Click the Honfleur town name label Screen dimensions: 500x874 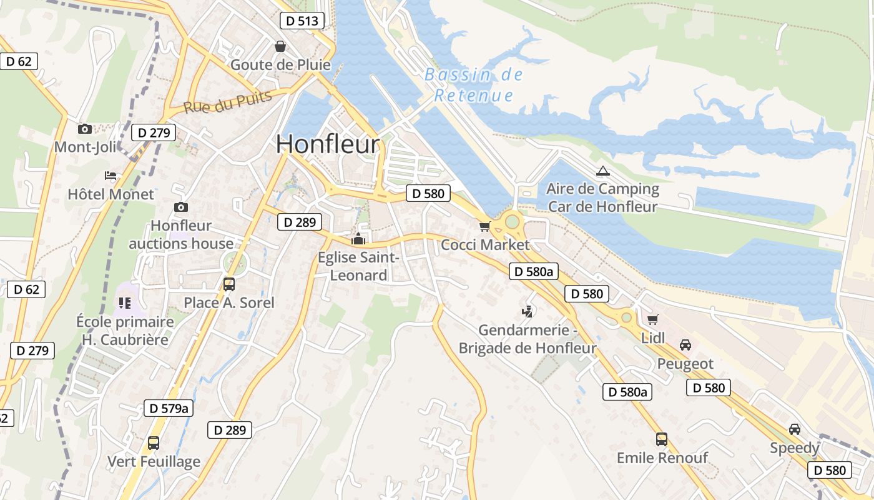[327, 144]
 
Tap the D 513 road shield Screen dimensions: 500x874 [302, 21]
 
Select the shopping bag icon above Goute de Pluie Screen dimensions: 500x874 [281, 47]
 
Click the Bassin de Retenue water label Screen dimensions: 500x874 [474, 85]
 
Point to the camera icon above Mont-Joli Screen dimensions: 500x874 [84, 129]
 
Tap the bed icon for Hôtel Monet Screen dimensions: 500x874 [110, 176]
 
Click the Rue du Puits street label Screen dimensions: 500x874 [228, 102]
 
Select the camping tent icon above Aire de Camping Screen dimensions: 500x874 [602, 171]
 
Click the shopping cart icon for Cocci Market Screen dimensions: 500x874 [484, 226]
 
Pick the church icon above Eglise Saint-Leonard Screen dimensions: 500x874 [358, 239]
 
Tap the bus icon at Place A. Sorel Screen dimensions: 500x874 [229, 284]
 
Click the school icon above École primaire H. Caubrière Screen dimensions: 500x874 [124, 303]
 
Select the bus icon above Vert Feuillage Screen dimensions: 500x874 [154, 443]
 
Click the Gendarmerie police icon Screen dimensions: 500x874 [528, 311]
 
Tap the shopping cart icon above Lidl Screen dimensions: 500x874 [653, 320]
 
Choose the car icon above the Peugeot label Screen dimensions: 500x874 [685, 345]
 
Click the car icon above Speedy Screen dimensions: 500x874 [794, 429]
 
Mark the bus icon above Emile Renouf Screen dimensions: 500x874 [662, 439]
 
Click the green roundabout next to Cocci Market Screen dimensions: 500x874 [512, 221]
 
